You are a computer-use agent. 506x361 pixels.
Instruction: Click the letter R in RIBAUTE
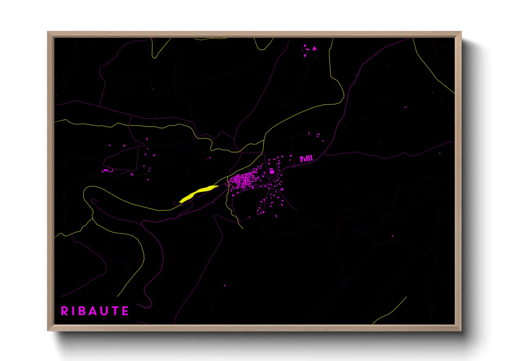64,311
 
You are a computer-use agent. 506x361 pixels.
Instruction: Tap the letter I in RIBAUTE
73,311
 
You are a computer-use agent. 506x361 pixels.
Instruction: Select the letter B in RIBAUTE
82,311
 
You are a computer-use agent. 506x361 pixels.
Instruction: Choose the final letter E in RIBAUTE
125,311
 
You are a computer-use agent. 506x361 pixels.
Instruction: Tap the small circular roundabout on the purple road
294,166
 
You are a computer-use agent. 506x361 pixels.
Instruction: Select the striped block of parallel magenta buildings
306,158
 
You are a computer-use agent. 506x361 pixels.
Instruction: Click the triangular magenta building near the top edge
314,49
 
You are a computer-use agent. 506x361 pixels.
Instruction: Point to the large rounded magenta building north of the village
272,171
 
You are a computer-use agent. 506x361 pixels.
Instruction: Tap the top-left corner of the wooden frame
48,32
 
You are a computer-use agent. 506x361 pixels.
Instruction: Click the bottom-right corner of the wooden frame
461,330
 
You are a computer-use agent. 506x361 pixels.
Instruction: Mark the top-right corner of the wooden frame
461,32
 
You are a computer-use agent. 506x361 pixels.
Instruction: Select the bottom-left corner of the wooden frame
48,330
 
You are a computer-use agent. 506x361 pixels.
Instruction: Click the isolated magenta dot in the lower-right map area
392,236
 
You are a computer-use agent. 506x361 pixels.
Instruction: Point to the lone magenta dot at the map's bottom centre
225,286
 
